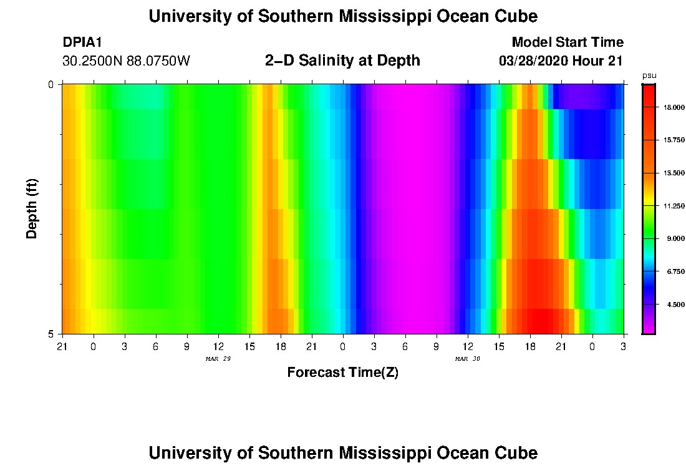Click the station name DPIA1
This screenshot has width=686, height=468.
82,42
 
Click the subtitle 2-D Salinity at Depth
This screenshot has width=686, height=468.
342,61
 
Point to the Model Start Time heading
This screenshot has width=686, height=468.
568,42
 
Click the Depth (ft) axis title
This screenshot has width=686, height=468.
32,209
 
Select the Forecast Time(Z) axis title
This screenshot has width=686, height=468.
342,373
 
